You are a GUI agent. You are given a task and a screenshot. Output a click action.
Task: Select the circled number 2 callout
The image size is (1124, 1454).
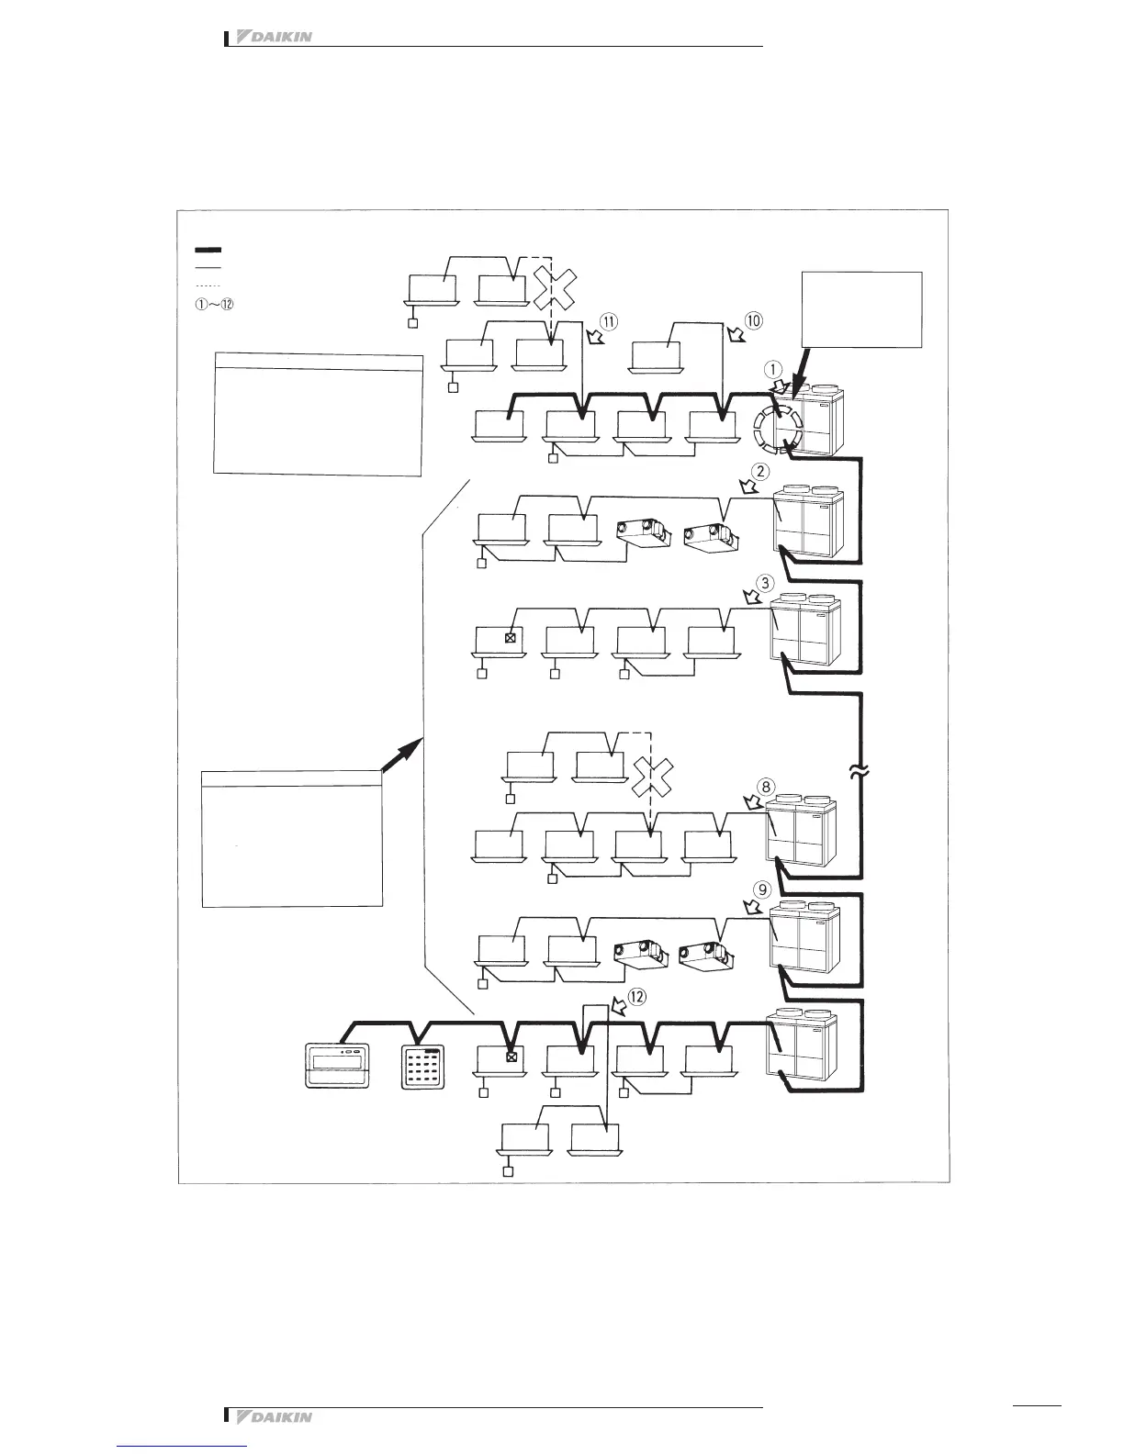point(760,473)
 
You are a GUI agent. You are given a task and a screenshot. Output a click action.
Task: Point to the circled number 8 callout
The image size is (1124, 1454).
point(766,786)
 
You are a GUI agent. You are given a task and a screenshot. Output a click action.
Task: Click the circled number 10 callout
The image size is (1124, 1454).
point(753,320)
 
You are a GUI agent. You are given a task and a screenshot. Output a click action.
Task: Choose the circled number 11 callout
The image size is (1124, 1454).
point(609,320)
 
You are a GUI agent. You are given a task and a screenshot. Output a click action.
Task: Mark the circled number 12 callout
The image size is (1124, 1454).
point(635,995)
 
